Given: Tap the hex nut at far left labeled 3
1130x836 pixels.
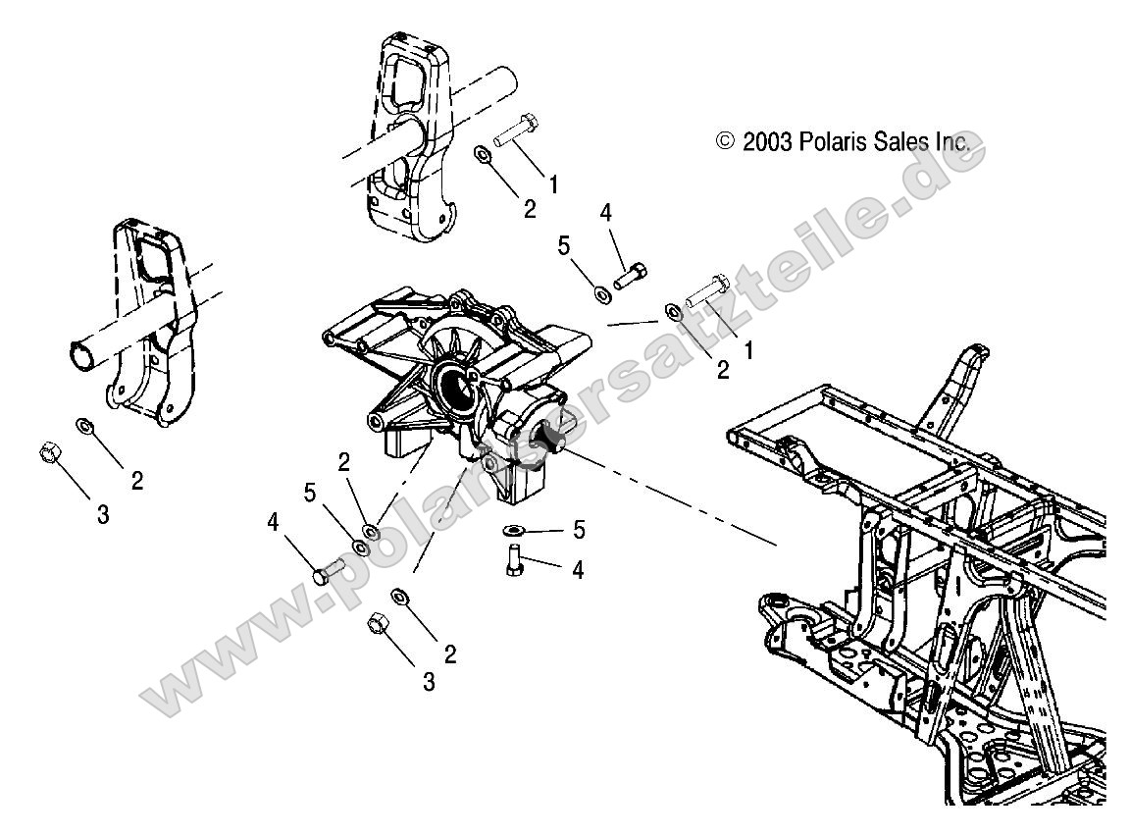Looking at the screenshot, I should [x=46, y=454].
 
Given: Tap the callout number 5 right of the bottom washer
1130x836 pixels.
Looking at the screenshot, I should [x=579, y=531].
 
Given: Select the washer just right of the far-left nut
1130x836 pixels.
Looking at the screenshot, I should [x=84, y=424].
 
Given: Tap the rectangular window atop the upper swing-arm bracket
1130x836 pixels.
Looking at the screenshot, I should [x=408, y=80].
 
